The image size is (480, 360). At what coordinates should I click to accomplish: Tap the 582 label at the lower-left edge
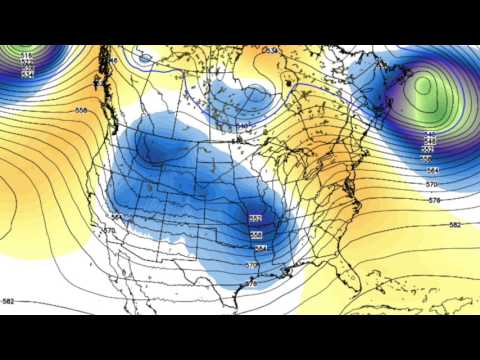(9, 301)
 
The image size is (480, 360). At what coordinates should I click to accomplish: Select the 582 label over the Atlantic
(455, 225)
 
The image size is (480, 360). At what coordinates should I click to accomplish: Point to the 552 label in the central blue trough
(255, 219)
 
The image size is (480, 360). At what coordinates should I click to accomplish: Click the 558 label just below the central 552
(257, 234)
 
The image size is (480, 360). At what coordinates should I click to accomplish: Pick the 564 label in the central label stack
(260, 248)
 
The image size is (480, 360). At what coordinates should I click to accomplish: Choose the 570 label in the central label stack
(252, 265)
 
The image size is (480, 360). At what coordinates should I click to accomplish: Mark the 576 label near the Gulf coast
(252, 284)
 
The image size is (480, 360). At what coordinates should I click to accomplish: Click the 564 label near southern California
(117, 216)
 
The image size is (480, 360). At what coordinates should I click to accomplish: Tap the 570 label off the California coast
(108, 231)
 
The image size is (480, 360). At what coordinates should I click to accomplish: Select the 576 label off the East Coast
(434, 201)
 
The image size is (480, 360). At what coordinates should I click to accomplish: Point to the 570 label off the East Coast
(433, 185)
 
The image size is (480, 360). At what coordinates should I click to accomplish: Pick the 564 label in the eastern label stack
(432, 171)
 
